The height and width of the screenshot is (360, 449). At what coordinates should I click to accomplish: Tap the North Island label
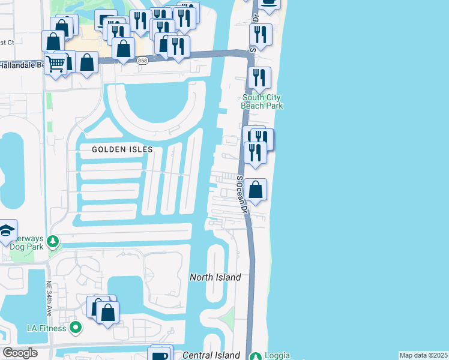click(x=215, y=277)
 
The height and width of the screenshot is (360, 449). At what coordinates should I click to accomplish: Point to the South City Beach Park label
click(x=262, y=101)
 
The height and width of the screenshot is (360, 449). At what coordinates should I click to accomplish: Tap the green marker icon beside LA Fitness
click(x=76, y=328)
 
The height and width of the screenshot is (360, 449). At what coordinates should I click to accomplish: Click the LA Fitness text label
click(x=48, y=328)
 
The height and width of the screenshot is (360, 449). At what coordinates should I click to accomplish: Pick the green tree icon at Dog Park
click(x=53, y=241)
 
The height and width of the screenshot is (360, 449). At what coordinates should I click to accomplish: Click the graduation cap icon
click(x=7, y=230)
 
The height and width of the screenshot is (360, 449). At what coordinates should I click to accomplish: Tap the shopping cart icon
click(x=55, y=62)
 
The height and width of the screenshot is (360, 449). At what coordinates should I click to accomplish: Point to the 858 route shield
click(x=142, y=61)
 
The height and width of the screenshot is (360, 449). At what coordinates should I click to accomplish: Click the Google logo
click(x=20, y=353)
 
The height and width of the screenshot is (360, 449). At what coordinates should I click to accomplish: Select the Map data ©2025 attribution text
click(x=423, y=355)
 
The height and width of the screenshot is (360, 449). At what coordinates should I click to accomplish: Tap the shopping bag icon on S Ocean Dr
click(x=256, y=190)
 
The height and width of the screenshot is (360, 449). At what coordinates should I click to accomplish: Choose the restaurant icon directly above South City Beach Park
click(x=259, y=77)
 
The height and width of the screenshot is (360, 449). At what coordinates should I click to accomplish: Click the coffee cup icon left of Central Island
click(x=160, y=355)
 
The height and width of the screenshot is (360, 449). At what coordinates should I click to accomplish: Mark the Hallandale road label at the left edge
click(x=22, y=64)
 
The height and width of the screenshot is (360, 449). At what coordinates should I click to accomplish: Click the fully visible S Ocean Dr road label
click(x=242, y=195)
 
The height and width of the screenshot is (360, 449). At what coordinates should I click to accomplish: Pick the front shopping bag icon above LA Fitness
click(x=108, y=313)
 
